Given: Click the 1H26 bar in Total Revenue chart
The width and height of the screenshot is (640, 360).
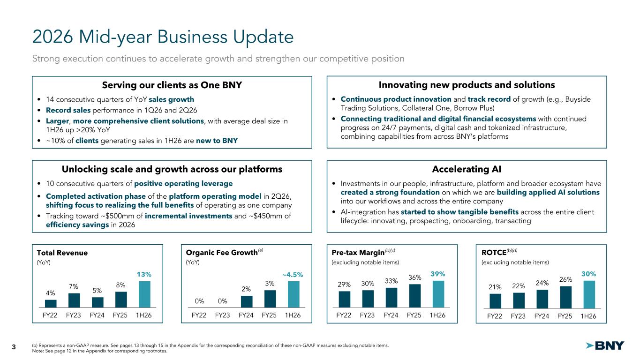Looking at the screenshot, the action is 144,294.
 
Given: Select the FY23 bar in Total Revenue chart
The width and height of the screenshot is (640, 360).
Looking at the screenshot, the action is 74,300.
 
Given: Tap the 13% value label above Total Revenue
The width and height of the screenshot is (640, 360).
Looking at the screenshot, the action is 144,275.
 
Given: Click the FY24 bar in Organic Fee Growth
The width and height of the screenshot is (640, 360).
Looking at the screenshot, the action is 247,302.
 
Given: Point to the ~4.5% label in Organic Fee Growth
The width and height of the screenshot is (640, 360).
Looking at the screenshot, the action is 293,275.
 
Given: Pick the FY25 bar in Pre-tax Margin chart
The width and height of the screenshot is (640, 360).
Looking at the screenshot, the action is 415,296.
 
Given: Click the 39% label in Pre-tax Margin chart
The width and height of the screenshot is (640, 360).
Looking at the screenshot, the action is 438,274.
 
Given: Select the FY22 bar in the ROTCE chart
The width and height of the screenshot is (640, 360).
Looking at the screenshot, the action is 496,301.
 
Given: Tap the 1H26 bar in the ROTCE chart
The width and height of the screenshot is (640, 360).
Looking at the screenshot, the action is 589,295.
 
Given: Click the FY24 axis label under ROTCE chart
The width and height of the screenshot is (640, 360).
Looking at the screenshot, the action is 542,316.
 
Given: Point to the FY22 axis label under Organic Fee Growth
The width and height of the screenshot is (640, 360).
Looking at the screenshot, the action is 199,315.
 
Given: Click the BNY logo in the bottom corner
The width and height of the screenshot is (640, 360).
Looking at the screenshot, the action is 605,346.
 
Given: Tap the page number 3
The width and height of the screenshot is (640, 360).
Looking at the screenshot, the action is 14,347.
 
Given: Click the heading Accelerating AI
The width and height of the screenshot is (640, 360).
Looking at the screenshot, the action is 467,169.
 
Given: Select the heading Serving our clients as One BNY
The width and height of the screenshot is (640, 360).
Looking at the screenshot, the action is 172,85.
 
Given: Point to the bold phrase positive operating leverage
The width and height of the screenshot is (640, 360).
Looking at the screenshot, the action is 183,184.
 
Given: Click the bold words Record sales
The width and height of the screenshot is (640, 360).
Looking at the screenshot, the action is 68,110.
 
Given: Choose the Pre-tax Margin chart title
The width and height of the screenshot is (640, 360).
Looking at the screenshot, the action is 358,253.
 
